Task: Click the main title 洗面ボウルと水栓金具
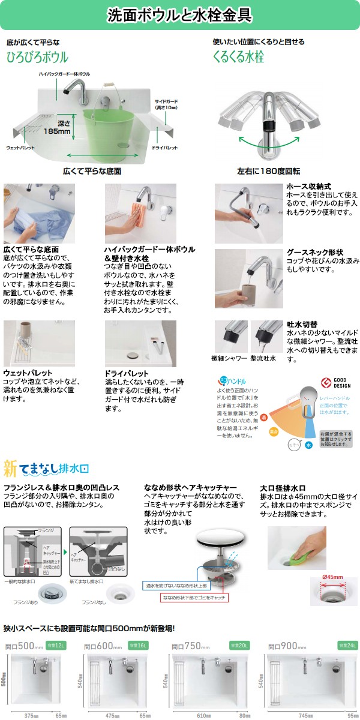coord(179,14)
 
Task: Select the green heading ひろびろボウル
coord(37,58)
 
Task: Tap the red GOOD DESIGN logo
coord(326,382)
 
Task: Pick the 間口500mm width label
coord(24,646)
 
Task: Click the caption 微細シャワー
coord(229,358)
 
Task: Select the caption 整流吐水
coord(263,358)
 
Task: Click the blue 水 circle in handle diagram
coord(308,446)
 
